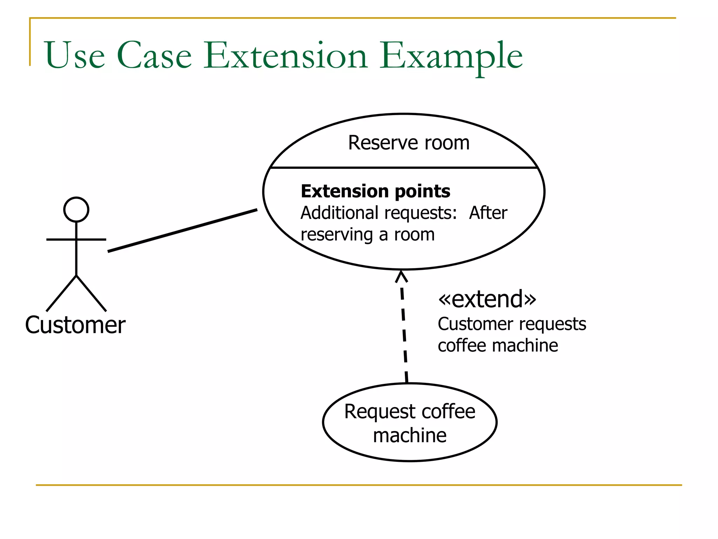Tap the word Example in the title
coord(451,56)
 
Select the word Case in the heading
coord(154,55)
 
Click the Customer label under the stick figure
coord(75,325)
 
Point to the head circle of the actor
coord(76,209)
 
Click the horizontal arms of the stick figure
coord(76,239)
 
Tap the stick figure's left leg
coord(61,293)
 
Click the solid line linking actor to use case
coord(182,231)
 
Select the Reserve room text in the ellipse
coord(408,143)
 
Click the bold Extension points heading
coord(375,191)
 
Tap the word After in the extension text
coord(488,213)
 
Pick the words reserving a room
coord(367,234)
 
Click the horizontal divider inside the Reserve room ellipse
coord(403,168)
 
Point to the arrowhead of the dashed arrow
coord(401,276)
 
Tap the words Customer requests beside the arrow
coord(512,324)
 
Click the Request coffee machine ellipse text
coord(409,423)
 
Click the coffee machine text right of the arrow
coord(497,346)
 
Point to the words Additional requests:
coord(379,213)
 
